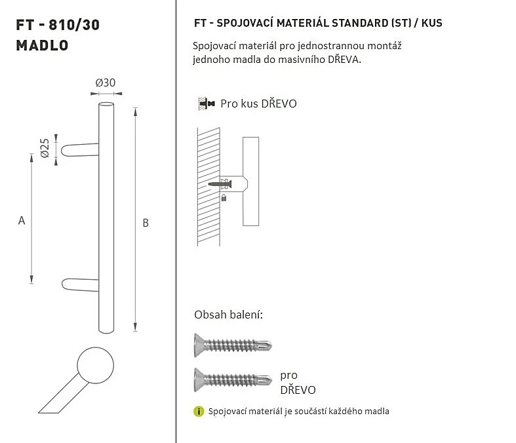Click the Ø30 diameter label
tap(106, 83)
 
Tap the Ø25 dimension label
tap(45, 148)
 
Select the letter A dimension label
tap(22, 220)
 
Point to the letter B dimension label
tap(146, 223)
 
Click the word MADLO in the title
tap(42, 45)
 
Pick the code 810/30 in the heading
tap(74, 25)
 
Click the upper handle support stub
tap(80, 149)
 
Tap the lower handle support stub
tap(80, 285)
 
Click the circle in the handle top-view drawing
tap(96, 365)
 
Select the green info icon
tap(199, 411)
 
